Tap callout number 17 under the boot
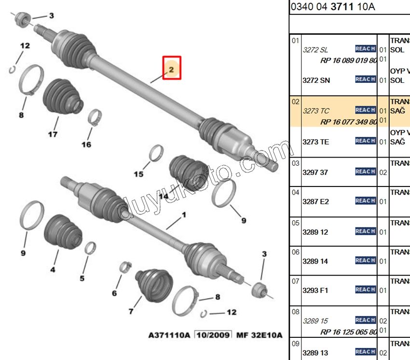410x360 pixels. coord(53,134)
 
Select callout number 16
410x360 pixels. coord(86,144)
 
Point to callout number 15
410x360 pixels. coord(138,174)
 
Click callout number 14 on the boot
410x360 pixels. coord(164,196)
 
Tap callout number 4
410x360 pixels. coord(53,269)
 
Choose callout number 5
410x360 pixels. coord(82,278)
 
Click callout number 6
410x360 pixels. coord(114,293)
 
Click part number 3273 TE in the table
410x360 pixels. coord(316,142)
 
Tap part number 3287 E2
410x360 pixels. coord(316,201)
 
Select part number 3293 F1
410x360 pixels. coord(315,290)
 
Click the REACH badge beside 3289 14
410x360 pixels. coord(366,261)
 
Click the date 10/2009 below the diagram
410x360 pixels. coord(213,335)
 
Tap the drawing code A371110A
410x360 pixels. coord(169,335)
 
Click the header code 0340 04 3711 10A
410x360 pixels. coord(333,7)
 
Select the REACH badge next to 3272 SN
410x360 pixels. coord(366,80)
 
